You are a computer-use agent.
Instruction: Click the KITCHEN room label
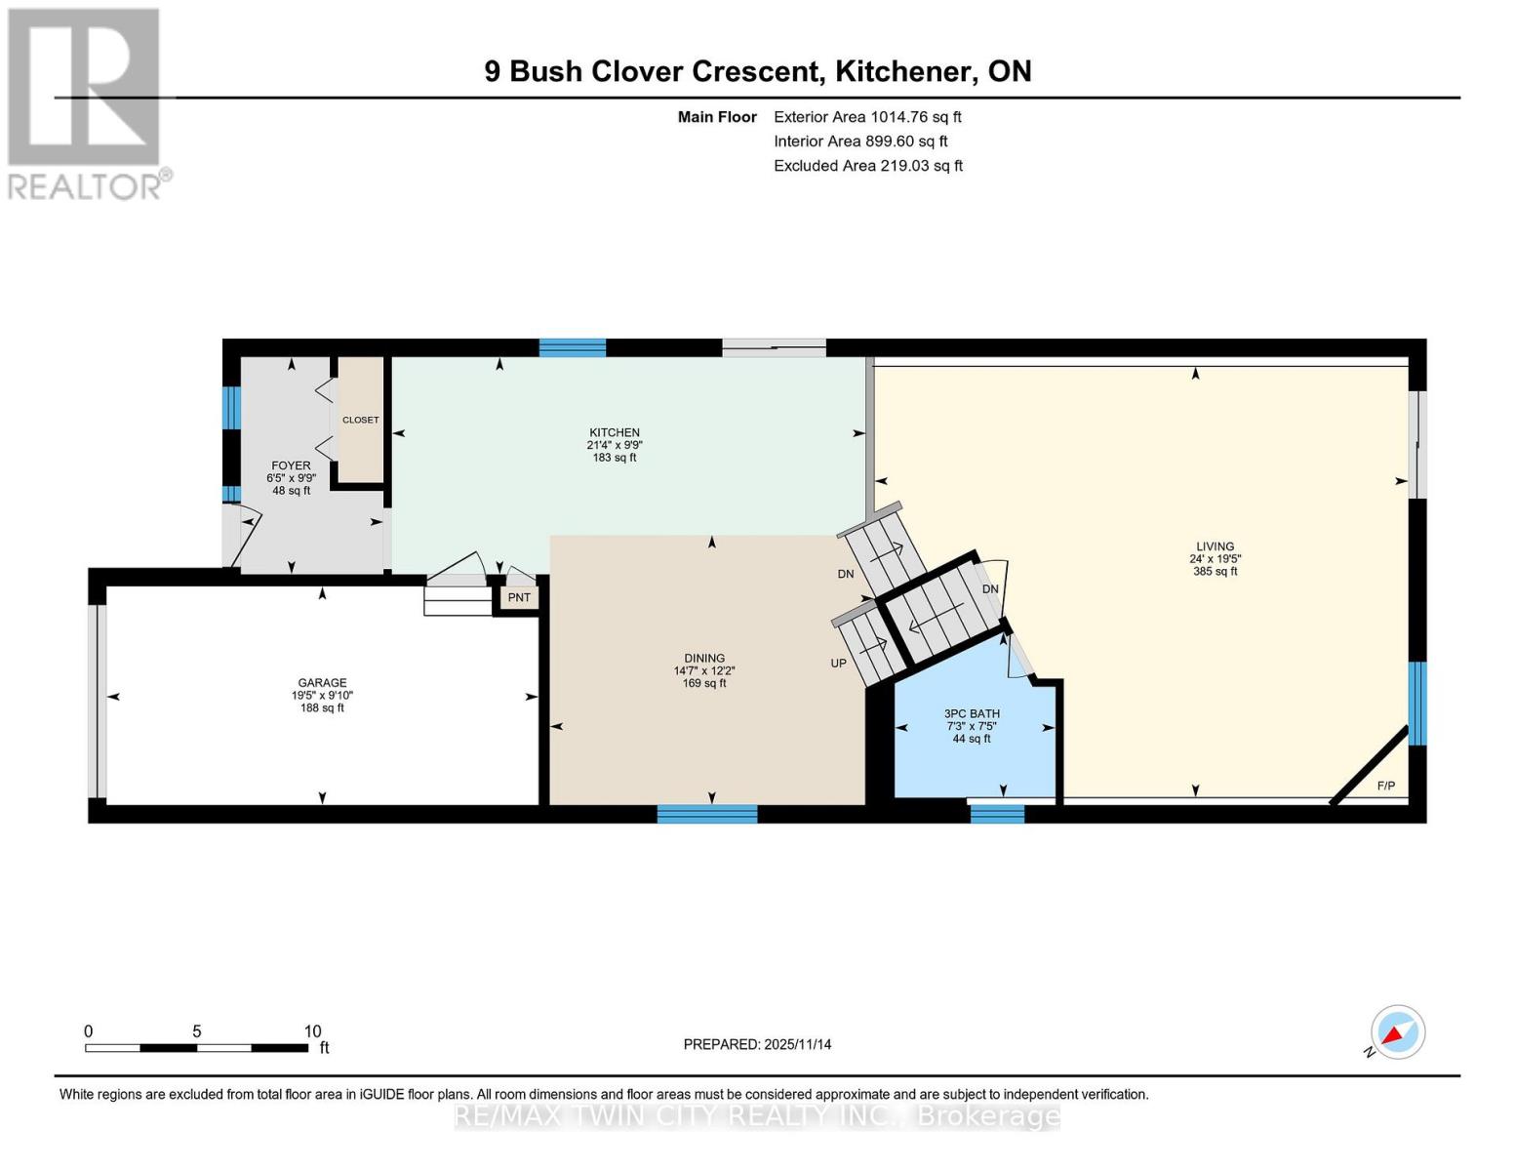[x=614, y=432]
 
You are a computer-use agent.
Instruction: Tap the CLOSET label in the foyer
[x=360, y=420]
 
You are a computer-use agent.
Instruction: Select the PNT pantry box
[x=519, y=597]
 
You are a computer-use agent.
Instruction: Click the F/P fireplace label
[x=1385, y=786]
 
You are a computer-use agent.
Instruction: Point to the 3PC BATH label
[x=972, y=713]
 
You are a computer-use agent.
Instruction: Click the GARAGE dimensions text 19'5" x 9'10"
[x=322, y=696]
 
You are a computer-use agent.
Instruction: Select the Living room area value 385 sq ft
[x=1215, y=572]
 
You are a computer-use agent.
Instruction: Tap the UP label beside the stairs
[x=838, y=663]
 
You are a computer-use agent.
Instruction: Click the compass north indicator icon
[x=1397, y=1032]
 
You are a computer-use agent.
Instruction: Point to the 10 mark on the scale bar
[x=312, y=1031]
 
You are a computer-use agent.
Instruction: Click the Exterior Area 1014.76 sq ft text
[x=867, y=117]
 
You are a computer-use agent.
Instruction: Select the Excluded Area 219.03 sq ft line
[x=867, y=166]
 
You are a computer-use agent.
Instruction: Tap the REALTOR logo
[x=86, y=103]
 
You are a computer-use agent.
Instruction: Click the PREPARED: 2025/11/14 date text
[x=757, y=1044]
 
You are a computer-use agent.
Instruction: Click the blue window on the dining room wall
[x=707, y=814]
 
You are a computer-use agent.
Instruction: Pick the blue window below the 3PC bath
[x=997, y=813]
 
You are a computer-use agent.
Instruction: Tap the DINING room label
[x=704, y=658]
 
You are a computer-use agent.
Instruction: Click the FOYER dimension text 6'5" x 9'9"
[x=291, y=478]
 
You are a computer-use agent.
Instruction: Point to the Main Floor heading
[x=717, y=117]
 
